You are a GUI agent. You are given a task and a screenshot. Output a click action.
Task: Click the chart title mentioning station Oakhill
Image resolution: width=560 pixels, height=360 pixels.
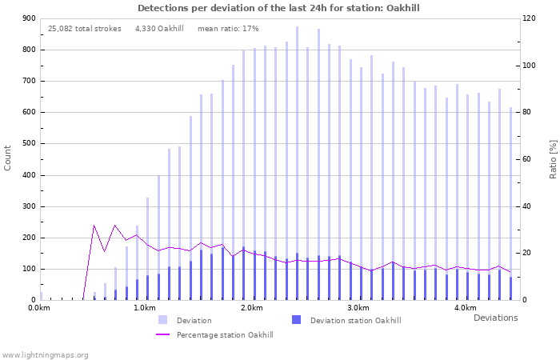(x=278, y=8)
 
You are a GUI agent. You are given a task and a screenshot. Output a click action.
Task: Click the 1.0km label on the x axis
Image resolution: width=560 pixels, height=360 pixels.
(x=145, y=308)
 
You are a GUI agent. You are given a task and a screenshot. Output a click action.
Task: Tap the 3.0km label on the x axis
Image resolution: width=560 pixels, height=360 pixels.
(x=358, y=308)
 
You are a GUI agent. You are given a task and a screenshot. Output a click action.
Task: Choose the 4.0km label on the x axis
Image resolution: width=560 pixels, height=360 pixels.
(x=465, y=308)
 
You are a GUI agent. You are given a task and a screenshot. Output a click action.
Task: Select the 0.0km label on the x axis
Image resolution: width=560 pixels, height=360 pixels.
(x=38, y=308)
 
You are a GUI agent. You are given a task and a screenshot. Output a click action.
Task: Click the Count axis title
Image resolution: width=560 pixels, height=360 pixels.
(x=8, y=158)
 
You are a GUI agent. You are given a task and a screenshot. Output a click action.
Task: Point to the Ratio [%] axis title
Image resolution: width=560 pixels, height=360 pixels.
(x=553, y=158)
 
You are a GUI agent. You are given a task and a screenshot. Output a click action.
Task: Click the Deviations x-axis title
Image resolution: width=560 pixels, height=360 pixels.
(x=495, y=318)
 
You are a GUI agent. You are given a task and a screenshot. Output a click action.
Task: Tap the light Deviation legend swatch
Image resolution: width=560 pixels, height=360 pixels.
(x=163, y=320)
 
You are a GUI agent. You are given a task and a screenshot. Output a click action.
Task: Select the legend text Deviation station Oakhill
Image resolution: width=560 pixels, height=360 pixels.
(x=355, y=321)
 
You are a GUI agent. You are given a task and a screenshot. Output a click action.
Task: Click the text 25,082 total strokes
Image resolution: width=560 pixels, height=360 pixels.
(x=85, y=29)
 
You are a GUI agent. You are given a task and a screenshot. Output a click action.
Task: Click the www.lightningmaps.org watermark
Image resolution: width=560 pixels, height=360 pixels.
(x=45, y=354)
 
